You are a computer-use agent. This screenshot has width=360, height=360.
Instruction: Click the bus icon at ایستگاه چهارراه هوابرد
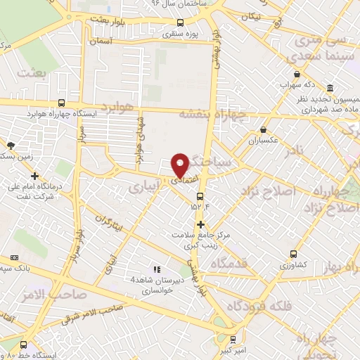(62, 103)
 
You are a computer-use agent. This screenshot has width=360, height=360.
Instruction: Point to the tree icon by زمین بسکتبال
(10, 146)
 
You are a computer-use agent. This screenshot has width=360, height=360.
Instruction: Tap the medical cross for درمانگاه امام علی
(34, 176)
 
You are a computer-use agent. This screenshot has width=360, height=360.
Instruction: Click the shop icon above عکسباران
(263, 130)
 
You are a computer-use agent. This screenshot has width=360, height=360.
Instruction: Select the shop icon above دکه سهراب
(297, 75)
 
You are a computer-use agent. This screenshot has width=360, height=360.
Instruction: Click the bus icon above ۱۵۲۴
(200, 196)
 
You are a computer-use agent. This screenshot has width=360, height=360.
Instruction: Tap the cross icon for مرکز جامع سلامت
(201, 224)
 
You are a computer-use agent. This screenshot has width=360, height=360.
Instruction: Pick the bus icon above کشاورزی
(293, 255)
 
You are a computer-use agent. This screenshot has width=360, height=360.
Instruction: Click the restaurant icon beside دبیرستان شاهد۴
(157, 269)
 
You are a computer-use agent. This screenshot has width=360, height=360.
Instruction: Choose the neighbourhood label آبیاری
(145, 186)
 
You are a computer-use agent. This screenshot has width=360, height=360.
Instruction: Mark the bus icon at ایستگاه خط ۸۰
(24, 345)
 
